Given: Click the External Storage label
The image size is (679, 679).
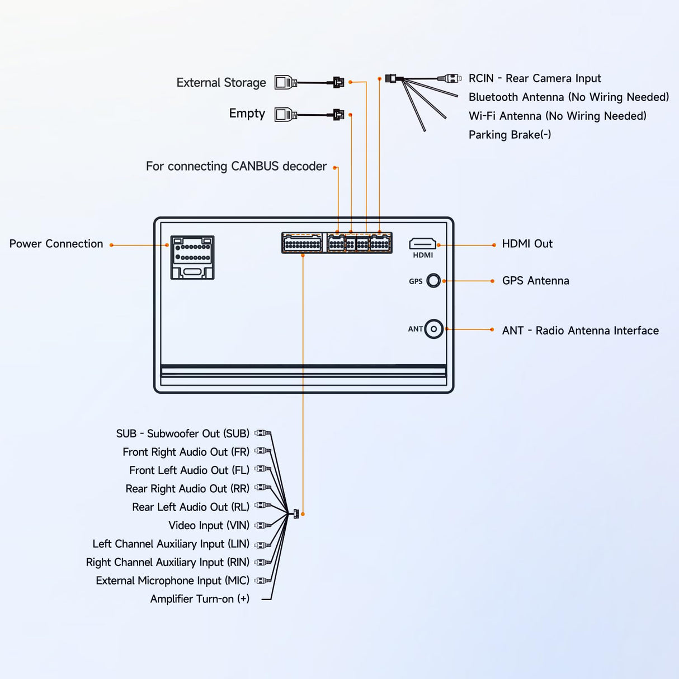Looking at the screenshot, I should pos(221,83).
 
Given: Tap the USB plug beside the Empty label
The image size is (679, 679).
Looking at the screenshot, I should pos(285,115).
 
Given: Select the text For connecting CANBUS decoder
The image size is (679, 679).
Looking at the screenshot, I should pos(236,167).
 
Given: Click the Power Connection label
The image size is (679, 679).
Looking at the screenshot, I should pos(56,244).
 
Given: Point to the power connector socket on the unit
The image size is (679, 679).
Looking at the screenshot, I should pos(192,257).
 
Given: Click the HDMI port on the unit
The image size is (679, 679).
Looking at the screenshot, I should pos(422,244).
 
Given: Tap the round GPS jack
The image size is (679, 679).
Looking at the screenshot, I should pos(433,281).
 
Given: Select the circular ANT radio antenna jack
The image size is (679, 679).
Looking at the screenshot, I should pos(433,329).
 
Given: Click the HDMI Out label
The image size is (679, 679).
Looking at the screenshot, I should pos(527,244).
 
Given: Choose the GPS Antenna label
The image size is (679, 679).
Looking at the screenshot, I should pos(535,281).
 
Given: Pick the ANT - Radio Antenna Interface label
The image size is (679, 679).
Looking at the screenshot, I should pos(580,331).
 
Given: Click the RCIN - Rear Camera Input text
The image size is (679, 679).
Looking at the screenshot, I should pos(535,78).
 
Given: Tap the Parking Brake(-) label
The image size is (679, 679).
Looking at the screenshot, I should pos(510,135).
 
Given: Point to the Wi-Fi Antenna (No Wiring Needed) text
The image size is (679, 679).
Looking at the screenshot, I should pos(557,116).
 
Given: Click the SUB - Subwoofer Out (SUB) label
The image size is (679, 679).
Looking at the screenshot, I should pos(182,434).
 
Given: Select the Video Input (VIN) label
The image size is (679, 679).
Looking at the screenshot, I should pos(209,526).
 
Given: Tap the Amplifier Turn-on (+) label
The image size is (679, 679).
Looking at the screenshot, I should pos(200,599).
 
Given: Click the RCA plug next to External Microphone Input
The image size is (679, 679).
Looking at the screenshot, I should pos(263,581).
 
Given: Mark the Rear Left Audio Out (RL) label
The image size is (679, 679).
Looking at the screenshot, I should pos(190,507).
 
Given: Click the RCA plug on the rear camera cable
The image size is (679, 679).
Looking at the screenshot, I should pos(451,78).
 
